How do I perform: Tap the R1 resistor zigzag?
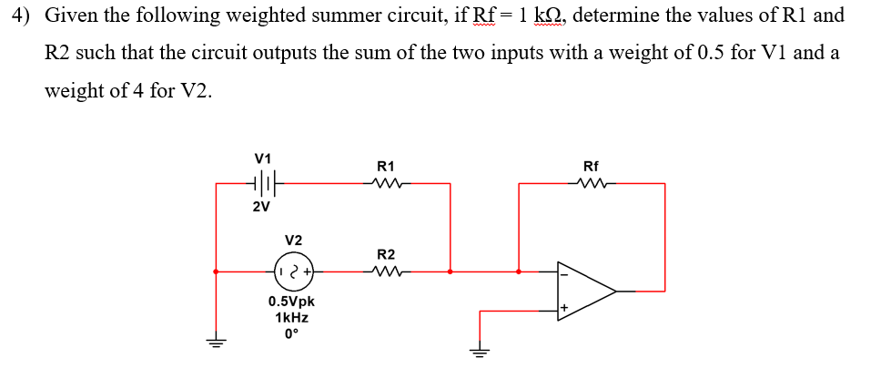coord(385,183)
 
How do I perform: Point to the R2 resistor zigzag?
coord(385,271)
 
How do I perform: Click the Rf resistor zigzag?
coord(591,183)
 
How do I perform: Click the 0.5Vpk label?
coord(292,302)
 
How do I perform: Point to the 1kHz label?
coord(292,318)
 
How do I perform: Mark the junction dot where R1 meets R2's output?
coord(451,271)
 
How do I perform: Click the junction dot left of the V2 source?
coord(216,271)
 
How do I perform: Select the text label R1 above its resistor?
coord(385,167)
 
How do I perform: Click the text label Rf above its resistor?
coord(591,167)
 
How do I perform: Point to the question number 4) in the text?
coord(25,15)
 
